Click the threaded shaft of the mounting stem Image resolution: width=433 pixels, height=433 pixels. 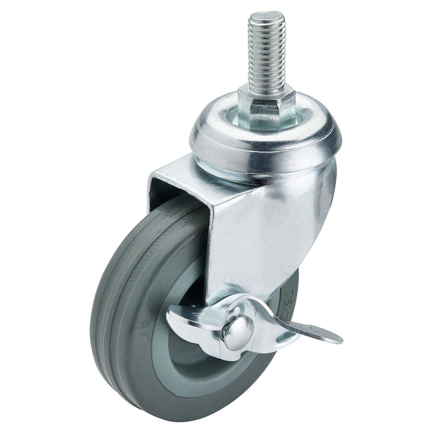click(266, 54)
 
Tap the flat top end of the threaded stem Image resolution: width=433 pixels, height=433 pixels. click(266, 15)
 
